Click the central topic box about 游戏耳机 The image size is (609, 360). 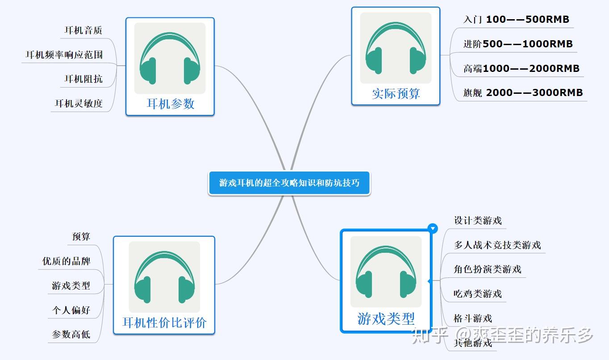(x=289, y=183)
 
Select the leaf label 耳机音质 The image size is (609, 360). (x=83, y=30)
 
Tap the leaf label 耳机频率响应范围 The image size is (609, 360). (x=64, y=55)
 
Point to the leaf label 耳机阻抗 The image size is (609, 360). (x=83, y=79)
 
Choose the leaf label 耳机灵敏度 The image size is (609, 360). (x=79, y=104)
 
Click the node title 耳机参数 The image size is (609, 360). (x=171, y=104)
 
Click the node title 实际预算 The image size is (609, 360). (x=396, y=94)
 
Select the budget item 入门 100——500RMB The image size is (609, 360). (x=516, y=20)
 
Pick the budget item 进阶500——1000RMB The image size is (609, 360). (x=518, y=44)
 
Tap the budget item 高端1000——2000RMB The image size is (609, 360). (x=521, y=69)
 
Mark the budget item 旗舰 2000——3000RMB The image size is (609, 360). (x=523, y=93)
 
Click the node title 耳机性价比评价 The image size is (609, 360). (x=164, y=322)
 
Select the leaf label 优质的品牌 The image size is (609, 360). (x=66, y=261)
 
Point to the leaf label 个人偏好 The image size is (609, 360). (x=71, y=310)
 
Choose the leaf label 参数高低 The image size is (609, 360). (x=71, y=334)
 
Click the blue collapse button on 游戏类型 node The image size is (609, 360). (x=432, y=229)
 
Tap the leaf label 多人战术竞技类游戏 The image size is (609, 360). (x=497, y=245)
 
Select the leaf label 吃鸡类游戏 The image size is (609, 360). (x=478, y=294)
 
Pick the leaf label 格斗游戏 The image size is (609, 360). (x=473, y=318)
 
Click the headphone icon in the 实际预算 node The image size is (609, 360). (x=396, y=48)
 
